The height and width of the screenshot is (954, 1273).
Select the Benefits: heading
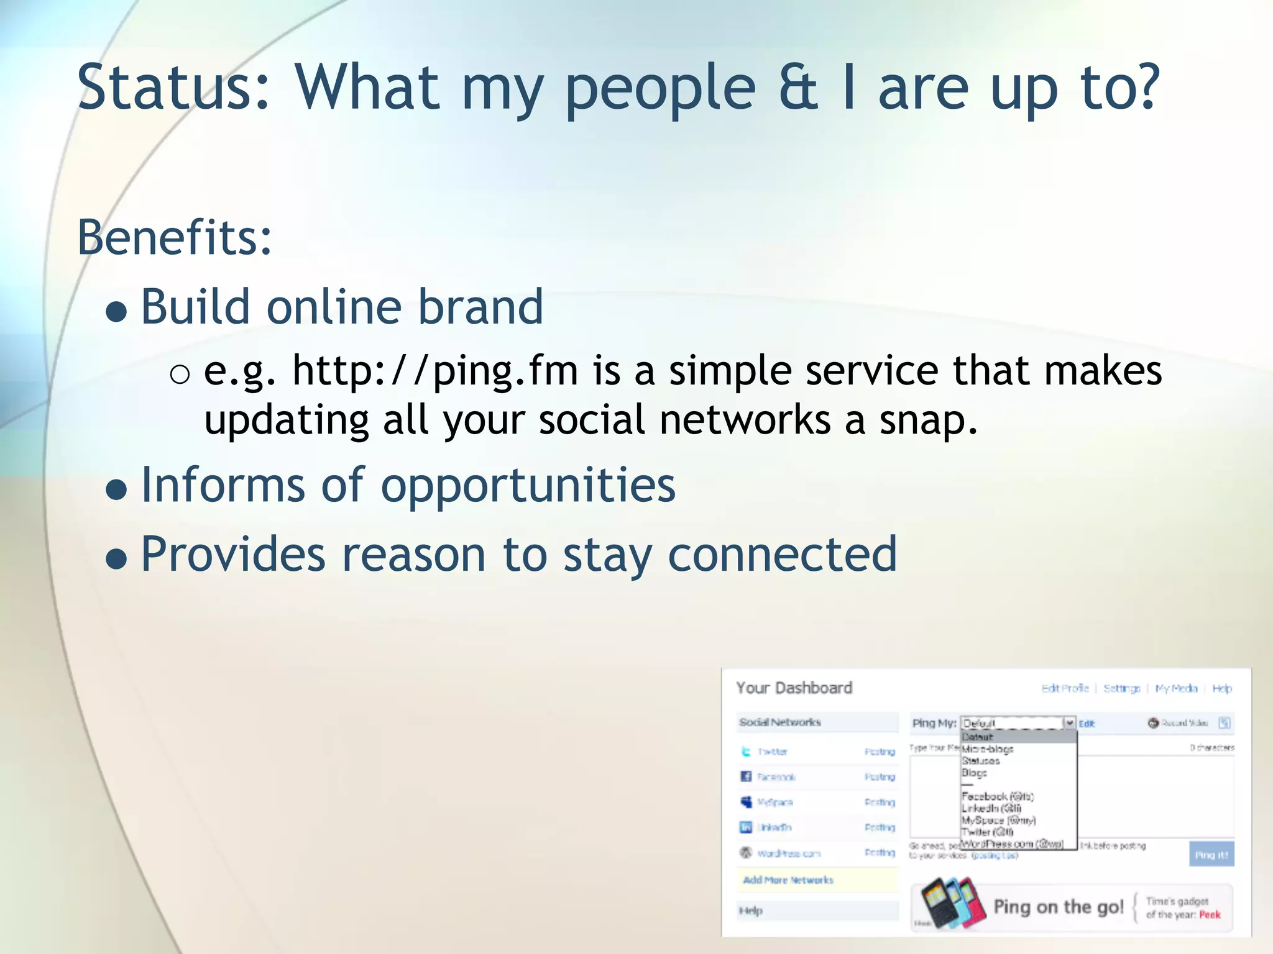click(x=175, y=237)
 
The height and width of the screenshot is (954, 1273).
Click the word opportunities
click(x=528, y=485)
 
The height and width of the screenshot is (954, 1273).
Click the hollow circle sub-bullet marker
click(x=180, y=374)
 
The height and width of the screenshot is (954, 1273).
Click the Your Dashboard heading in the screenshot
click(x=794, y=688)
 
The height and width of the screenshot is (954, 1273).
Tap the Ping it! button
click(x=1211, y=855)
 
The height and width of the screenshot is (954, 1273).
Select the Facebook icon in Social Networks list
click(x=746, y=776)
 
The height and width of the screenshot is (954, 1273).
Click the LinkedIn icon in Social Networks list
click(x=746, y=827)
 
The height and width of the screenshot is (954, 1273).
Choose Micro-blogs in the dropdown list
click(x=987, y=749)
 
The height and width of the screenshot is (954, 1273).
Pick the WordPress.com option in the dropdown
click(x=1012, y=844)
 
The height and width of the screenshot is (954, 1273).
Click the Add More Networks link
click(x=788, y=880)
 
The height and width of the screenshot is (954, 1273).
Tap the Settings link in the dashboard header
click(x=1121, y=689)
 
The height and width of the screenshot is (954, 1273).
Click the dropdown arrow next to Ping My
click(x=1069, y=723)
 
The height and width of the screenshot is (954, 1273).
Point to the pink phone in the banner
click(x=971, y=902)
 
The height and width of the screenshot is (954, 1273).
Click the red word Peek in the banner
click(x=1210, y=915)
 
